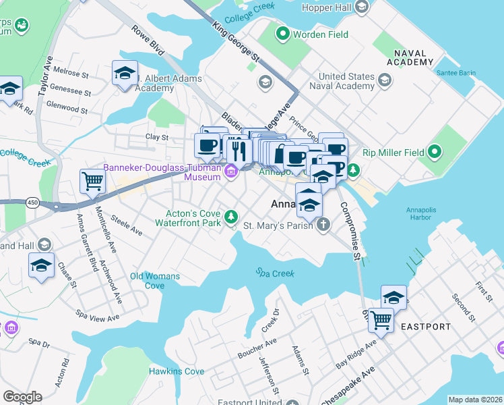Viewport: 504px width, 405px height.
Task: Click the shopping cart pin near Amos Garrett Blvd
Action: (x=92, y=180)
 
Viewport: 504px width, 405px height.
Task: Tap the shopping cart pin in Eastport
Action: (x=381, y=319)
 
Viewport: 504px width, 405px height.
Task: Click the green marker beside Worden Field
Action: (x=282, y=33)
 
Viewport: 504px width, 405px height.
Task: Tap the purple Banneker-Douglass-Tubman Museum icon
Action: (x=231, y=172)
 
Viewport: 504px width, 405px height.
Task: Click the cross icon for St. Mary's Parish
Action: (x=323, y=225)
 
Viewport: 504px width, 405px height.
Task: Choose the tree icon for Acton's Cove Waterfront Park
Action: (x=231, y=216)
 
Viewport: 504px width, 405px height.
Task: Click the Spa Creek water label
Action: (x=274, y=272)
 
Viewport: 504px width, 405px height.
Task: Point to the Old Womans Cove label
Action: (x=155, y=281)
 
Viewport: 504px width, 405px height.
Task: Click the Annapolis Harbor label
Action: (x=423, y=213)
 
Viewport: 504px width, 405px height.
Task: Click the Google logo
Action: (x=22, y=396)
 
